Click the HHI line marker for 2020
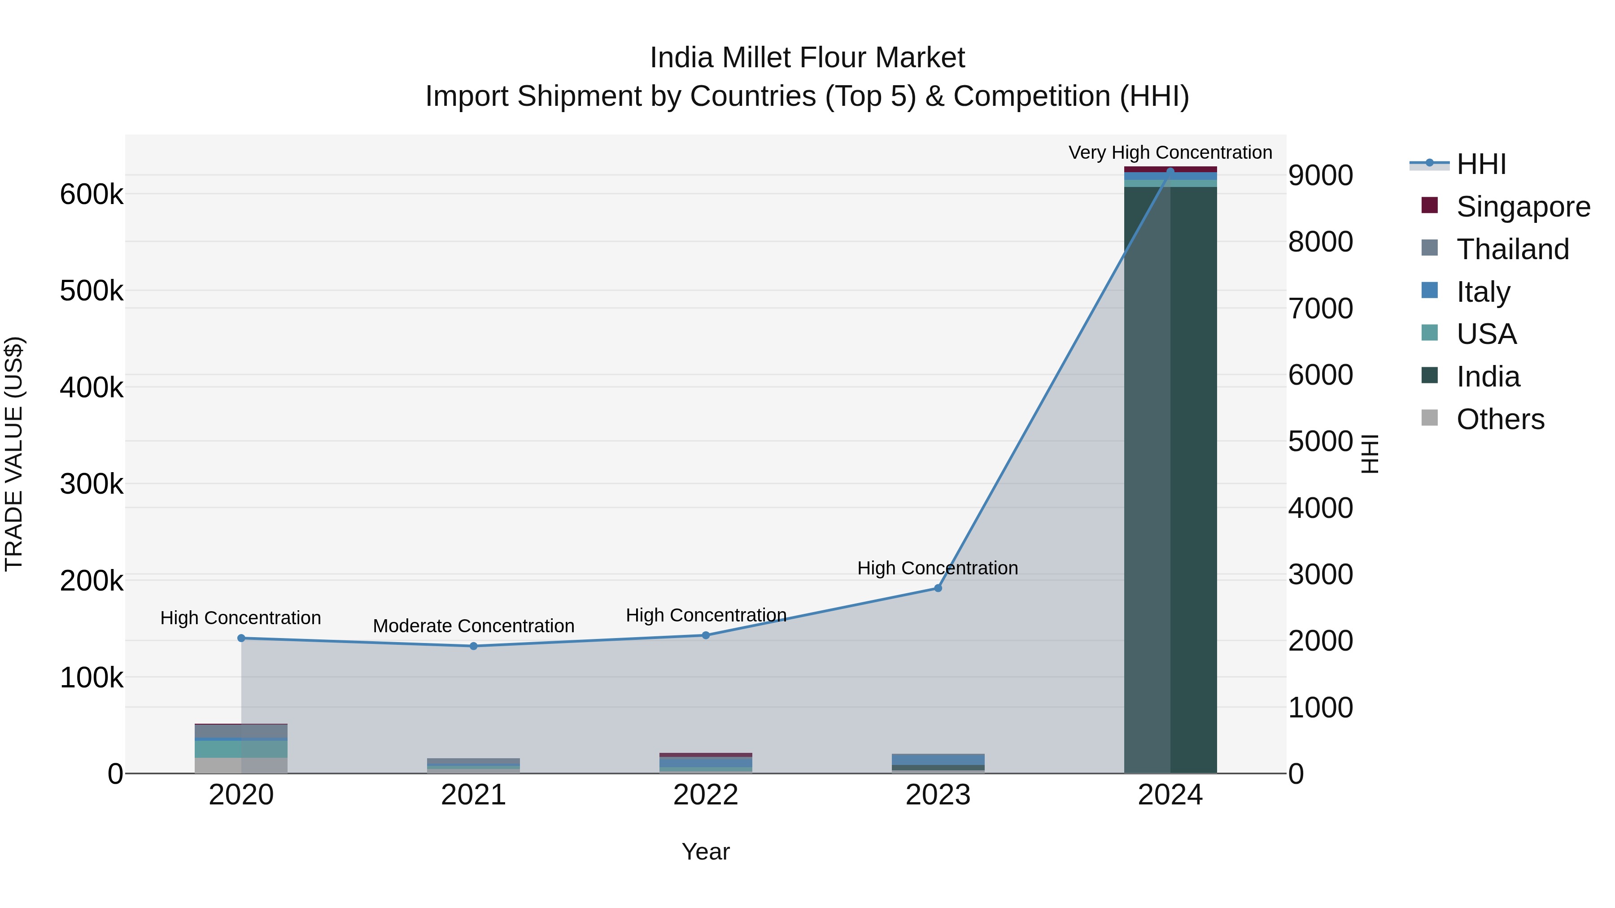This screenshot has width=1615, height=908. click(241, 638)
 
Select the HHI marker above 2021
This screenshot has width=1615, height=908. click(473, 646)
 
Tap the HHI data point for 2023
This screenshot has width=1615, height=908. click(938, 588)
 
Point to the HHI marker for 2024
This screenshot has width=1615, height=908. click(1170, 172)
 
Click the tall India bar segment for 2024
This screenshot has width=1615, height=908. click(1170, 476)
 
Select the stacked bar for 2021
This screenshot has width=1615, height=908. click(473, 765)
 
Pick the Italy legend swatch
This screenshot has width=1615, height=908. click(1429, 291)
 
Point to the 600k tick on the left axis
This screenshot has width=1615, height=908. click(92, 194)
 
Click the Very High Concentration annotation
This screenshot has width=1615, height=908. click(1170, 152)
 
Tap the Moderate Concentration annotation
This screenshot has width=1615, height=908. click(473, 626)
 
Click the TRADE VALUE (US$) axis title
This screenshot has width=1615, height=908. click(14, 454)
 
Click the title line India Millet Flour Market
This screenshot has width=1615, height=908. click(807, 58)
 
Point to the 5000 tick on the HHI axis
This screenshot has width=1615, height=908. click(1320, 442)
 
